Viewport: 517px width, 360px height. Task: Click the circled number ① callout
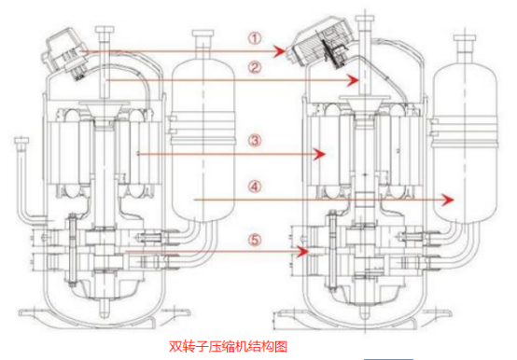[255, 38]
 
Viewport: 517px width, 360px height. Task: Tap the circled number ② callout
[255, 67]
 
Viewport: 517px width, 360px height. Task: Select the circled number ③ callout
[255, 141]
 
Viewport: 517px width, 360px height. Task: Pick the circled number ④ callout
[255, 187]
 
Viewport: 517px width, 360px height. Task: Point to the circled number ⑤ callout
[255, 240]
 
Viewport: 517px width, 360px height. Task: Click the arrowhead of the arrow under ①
[280, 51]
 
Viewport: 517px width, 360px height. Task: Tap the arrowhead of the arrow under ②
[353, 80]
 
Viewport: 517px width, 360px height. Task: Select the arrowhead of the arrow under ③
[319, 154]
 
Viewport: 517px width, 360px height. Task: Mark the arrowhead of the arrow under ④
[448, 200]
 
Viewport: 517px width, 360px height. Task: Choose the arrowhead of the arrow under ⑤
[302, 252]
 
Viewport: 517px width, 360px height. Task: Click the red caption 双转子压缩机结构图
[228, 347]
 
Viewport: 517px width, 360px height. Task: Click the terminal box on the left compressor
[65, 54]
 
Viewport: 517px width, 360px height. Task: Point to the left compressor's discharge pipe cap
[105, 30]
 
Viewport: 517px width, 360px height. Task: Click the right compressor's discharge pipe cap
[365, 19]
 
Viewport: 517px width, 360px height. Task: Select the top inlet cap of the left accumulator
[203, 34]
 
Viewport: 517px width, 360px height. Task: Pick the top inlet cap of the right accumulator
[465, 37]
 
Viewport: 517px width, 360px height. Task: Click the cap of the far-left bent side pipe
[21, 141]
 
